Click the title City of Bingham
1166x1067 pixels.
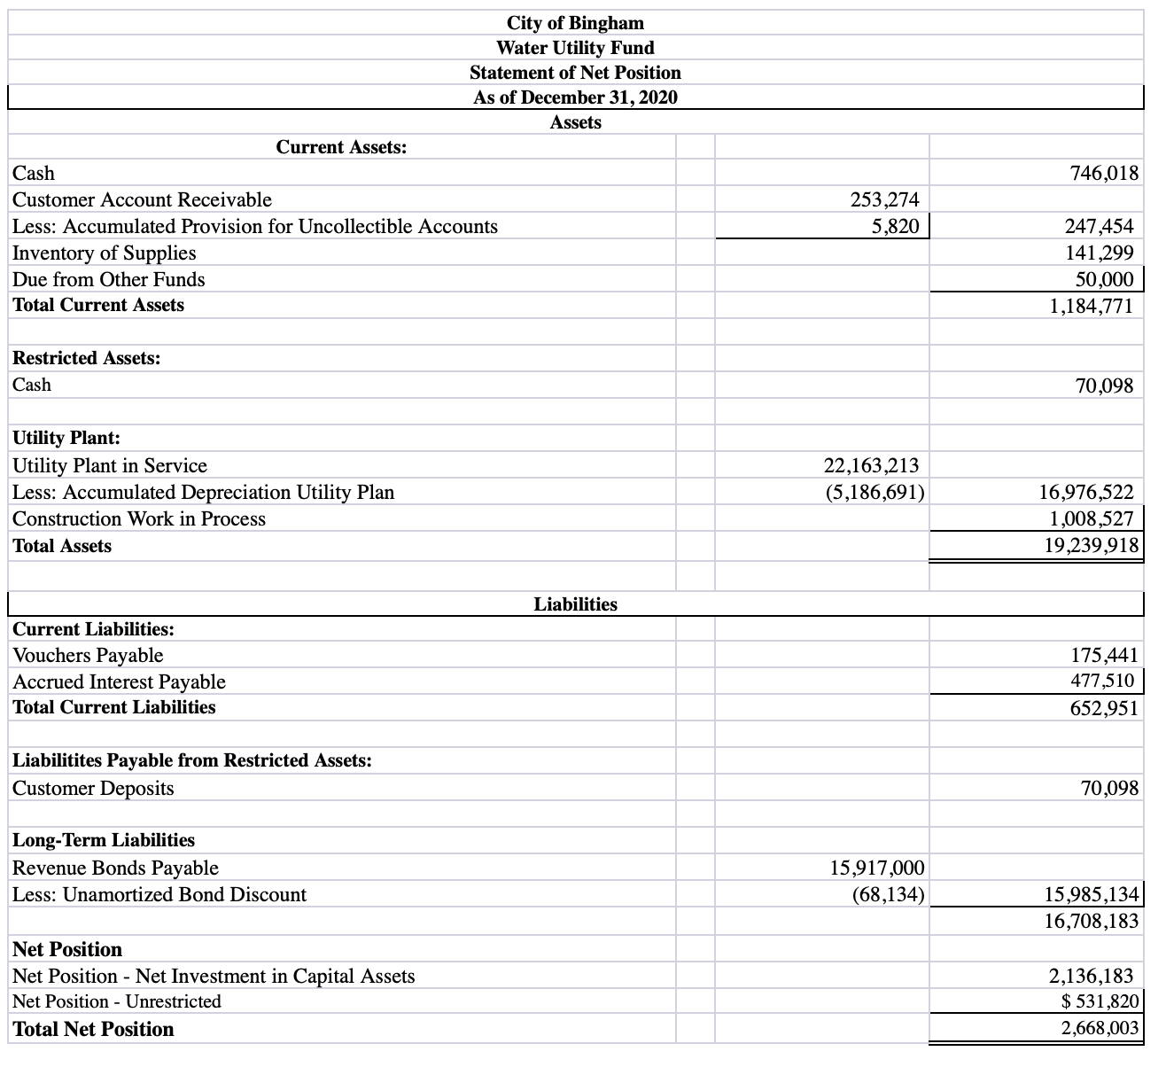point(575,22)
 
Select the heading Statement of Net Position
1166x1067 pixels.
point(575,73)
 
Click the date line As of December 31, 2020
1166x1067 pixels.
point(575,97)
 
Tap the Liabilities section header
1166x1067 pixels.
point(575,604)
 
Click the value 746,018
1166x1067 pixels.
point(1104,174)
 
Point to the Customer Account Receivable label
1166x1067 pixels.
point(142,200)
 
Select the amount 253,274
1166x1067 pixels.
point(884,200)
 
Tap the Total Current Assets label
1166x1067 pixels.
point(98,305)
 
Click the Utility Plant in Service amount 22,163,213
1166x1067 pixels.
point(871,466)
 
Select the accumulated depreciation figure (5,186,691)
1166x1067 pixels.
point(874,493)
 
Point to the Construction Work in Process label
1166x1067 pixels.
point(139,519)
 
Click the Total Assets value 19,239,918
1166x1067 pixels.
point(1092,546)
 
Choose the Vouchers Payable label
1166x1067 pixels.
point(88,656)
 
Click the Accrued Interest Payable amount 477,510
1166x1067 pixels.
point(1102,681)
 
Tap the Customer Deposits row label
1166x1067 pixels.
point(93,789)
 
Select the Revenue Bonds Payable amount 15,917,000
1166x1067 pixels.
point(877,868)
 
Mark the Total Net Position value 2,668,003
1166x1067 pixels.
point(1100,1030)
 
